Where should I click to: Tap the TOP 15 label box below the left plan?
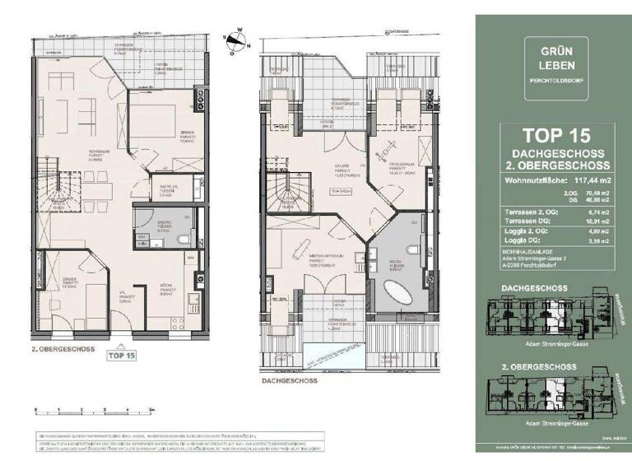coord(120,356)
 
